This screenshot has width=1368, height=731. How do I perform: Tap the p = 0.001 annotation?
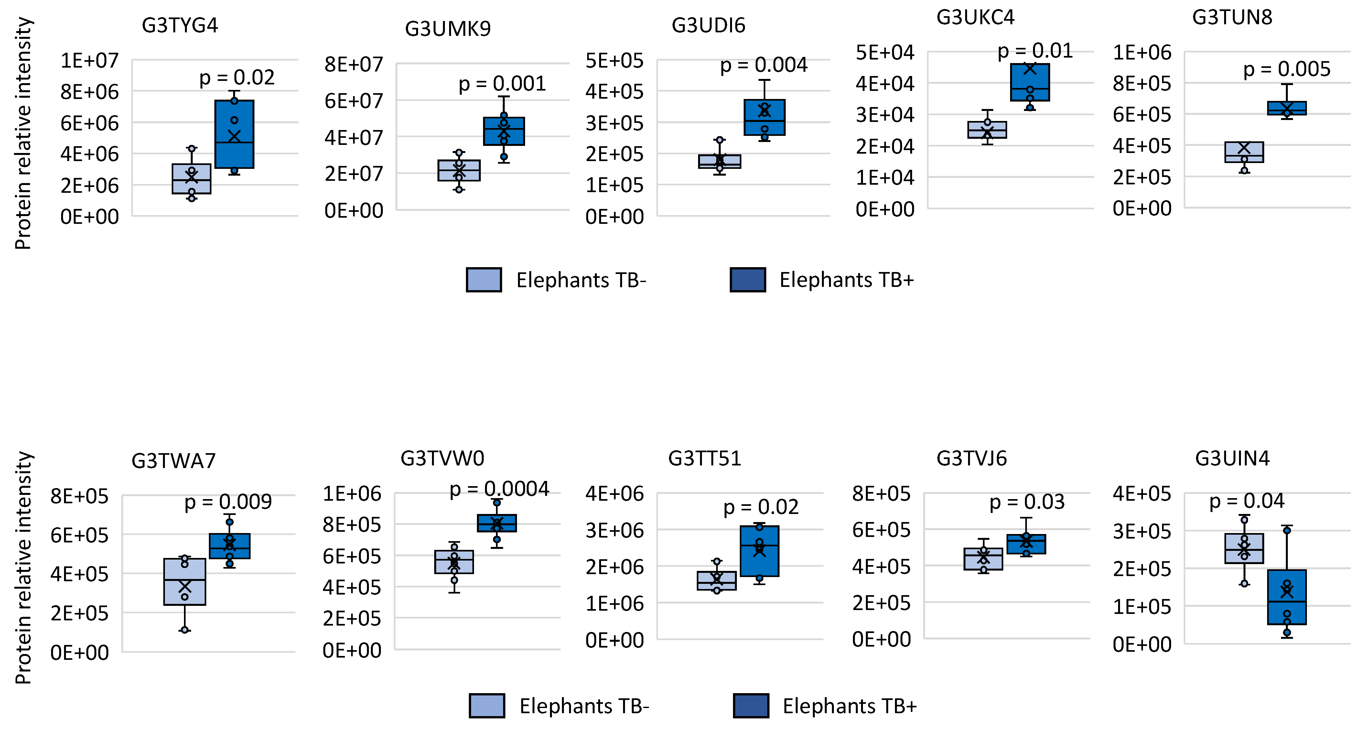tap(502, 84)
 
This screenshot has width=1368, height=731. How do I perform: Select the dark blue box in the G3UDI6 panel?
tap(764, 117)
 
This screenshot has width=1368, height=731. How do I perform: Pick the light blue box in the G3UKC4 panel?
tap(987, 130)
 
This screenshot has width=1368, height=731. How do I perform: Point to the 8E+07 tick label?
tap(354, 64)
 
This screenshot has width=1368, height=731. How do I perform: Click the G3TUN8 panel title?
tap(1232, 17)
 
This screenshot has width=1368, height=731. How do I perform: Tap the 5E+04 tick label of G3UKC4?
tap(885, 52)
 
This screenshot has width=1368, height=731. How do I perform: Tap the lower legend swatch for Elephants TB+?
tap(750, 705)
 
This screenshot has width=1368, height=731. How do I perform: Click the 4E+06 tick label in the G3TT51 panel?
tap(614, 494)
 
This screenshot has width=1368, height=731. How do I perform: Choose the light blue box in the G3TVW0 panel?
tap(454, 562)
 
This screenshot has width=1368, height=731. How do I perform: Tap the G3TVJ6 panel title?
tap(971, 458)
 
